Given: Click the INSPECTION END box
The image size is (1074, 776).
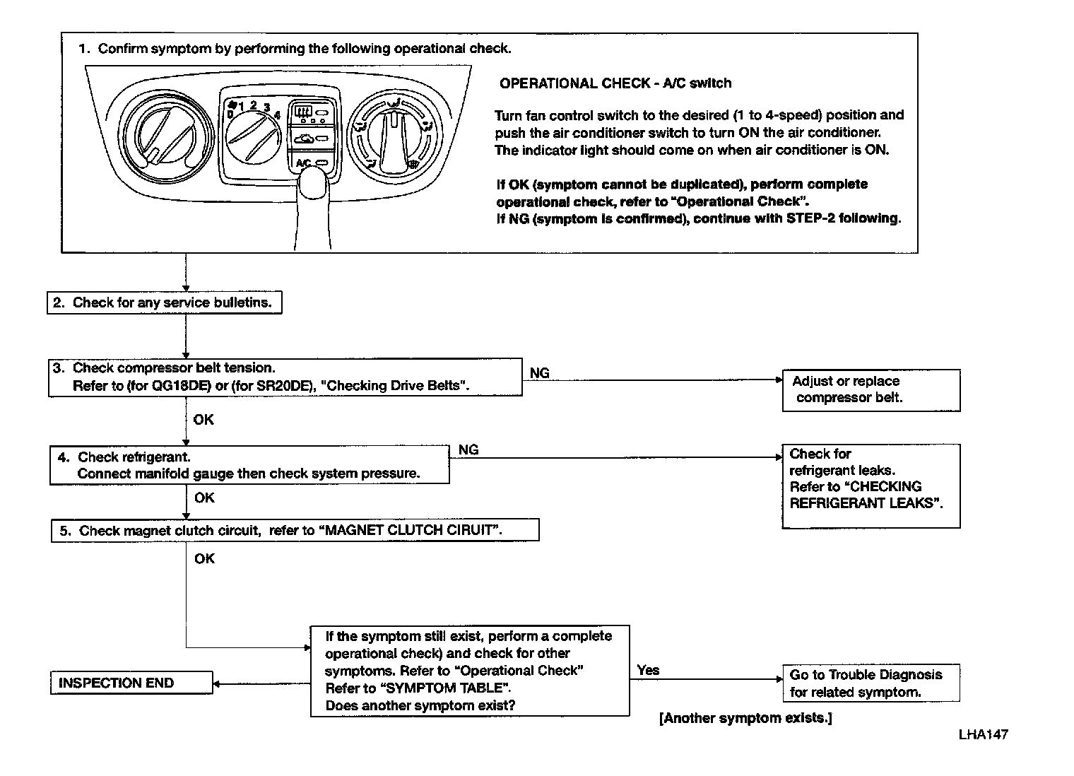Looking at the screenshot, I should pos(131,683).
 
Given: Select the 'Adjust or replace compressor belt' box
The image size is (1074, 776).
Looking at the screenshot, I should pos(871,389).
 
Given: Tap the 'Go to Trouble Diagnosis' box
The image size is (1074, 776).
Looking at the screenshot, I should pos(871,683).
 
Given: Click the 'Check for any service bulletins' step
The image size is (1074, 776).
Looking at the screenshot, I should pos(164,302).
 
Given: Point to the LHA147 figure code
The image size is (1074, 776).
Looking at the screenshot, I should pos(983,734).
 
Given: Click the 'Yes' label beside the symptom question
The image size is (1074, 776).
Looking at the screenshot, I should pos(648,670).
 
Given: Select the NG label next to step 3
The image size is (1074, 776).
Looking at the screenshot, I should pos(539,373).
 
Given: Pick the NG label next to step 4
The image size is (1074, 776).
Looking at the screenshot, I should pos(468,449).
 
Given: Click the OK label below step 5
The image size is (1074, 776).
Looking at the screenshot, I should pos(204,558).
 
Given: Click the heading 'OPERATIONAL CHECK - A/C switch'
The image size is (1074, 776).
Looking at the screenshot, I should pos(615,83).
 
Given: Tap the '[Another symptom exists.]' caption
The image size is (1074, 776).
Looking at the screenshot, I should pos(745,718).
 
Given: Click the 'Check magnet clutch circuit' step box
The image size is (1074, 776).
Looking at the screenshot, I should pos(295,530).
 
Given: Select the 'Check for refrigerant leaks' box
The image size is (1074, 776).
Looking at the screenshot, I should pos(871,486).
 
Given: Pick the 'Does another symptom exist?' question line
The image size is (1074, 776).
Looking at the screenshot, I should pos(420,705).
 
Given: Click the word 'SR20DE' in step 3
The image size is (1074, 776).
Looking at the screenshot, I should pos(277,386).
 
